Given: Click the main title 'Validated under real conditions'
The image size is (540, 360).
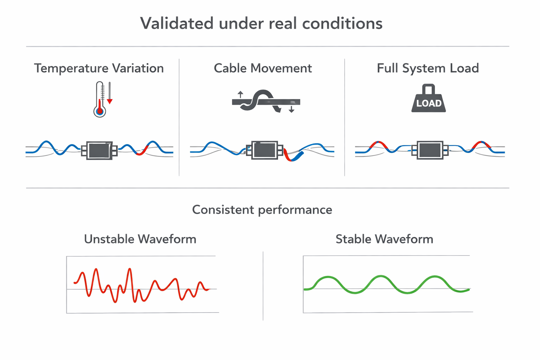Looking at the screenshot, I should coord(261,24).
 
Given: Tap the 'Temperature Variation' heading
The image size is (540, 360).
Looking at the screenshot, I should coord(99,68).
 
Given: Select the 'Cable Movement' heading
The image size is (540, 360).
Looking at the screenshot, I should coord(263,68).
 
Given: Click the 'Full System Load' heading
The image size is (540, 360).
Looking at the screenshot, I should coord(427,68).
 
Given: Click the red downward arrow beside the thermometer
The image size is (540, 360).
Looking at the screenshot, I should coord(110,101).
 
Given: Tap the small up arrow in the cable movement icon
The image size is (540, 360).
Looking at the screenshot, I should coord(240,94).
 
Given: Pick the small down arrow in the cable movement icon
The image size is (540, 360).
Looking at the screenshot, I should coord(291,110).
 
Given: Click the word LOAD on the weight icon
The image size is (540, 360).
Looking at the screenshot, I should coord(429,103).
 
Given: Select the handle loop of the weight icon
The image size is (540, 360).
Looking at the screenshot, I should coord(429,89).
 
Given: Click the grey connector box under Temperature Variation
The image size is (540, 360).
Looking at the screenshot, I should coord(99,150).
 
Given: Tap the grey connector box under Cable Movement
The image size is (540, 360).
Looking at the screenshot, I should coord(264,150).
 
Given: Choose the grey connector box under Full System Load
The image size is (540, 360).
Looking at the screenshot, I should coord(430,150).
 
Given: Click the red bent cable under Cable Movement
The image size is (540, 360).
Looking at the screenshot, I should coord(288,156).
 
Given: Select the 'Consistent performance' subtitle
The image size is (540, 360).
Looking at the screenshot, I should coord(262,210).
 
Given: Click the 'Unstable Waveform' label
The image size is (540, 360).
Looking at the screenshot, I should coord(140,239).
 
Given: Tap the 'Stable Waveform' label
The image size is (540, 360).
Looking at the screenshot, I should coord(384,239).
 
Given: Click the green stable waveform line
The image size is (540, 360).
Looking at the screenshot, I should coord(381,276).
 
